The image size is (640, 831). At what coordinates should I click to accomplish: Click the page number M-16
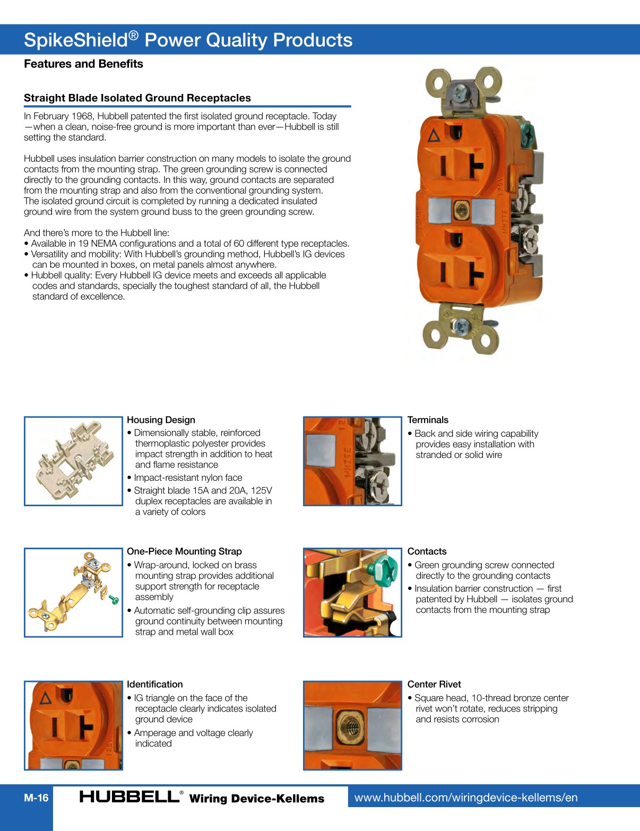click(x=36, y=798)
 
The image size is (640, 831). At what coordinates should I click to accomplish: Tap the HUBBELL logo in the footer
click(x=129, y=797)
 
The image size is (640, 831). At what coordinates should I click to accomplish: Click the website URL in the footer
click(x=465, y=798)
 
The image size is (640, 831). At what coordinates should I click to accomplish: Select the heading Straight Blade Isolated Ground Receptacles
click(x=137, y=98)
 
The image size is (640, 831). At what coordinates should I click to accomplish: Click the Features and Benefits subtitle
click(x=83, y=64)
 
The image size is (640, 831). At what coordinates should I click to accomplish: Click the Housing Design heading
click(x=161, y=420)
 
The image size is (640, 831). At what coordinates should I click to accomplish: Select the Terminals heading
click(x=428, y=420)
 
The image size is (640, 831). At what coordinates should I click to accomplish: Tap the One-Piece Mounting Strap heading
click(x=184, y=551)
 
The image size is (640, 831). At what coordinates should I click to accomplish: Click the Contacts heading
click(x=427, y=551)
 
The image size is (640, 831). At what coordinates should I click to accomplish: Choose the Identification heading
click(x=154, y=684)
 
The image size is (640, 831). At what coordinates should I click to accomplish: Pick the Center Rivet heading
click(x=434, y=684)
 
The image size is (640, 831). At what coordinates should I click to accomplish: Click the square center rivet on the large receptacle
click(x=461, y=211)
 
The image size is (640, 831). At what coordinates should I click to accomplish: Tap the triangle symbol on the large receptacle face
click(x=434, y=136)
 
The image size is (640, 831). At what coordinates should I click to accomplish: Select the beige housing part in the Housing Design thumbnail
click(x=74, y=461)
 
